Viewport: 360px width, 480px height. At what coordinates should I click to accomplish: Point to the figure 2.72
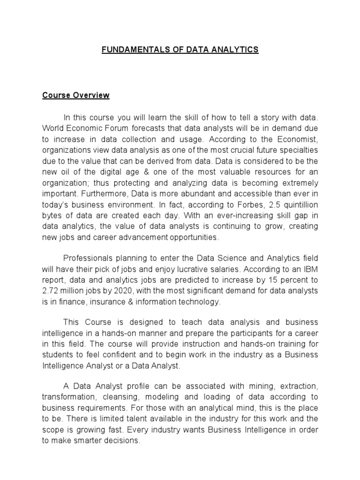(51, 291)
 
